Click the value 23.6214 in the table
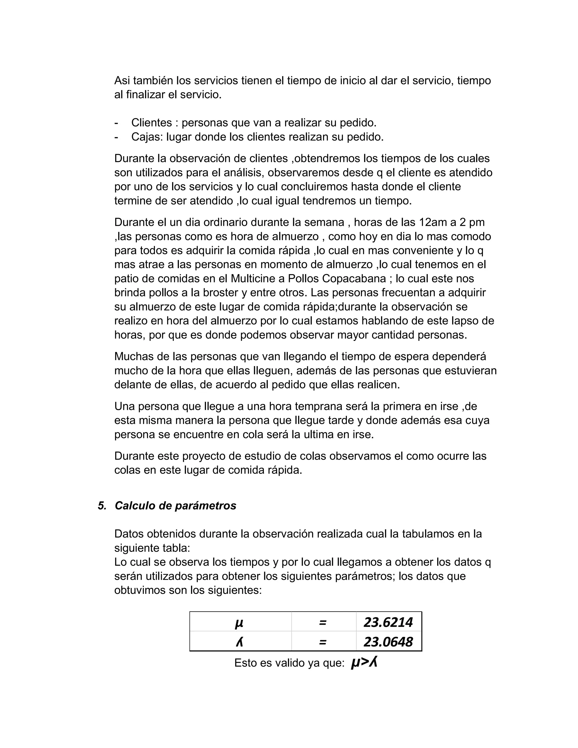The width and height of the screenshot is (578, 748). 388,622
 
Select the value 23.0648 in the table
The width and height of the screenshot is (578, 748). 388,642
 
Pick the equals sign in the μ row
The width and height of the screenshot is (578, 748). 322,623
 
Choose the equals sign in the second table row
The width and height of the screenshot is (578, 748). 322,642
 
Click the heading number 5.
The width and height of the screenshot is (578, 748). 102,506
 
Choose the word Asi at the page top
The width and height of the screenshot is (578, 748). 122,80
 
